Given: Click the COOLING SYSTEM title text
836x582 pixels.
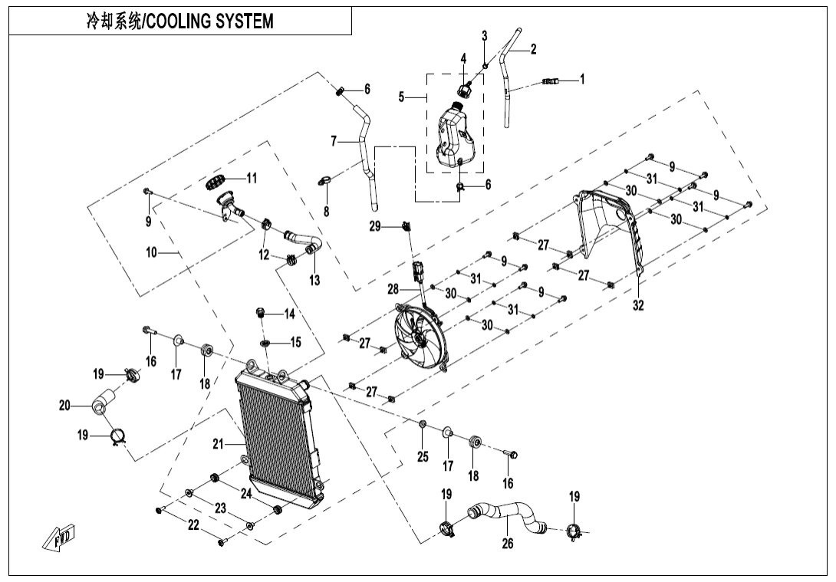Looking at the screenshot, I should point(179,21).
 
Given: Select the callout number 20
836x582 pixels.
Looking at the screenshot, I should point(64,406).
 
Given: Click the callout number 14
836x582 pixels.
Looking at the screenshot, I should point(290,314).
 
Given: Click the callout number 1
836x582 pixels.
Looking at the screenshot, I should point(582,78).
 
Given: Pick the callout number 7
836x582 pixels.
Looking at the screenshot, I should point(334,141).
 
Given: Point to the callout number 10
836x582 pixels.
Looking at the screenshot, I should point(151,252).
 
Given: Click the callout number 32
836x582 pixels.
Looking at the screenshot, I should point(638,305).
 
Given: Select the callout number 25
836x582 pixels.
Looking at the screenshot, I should point(422,458).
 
